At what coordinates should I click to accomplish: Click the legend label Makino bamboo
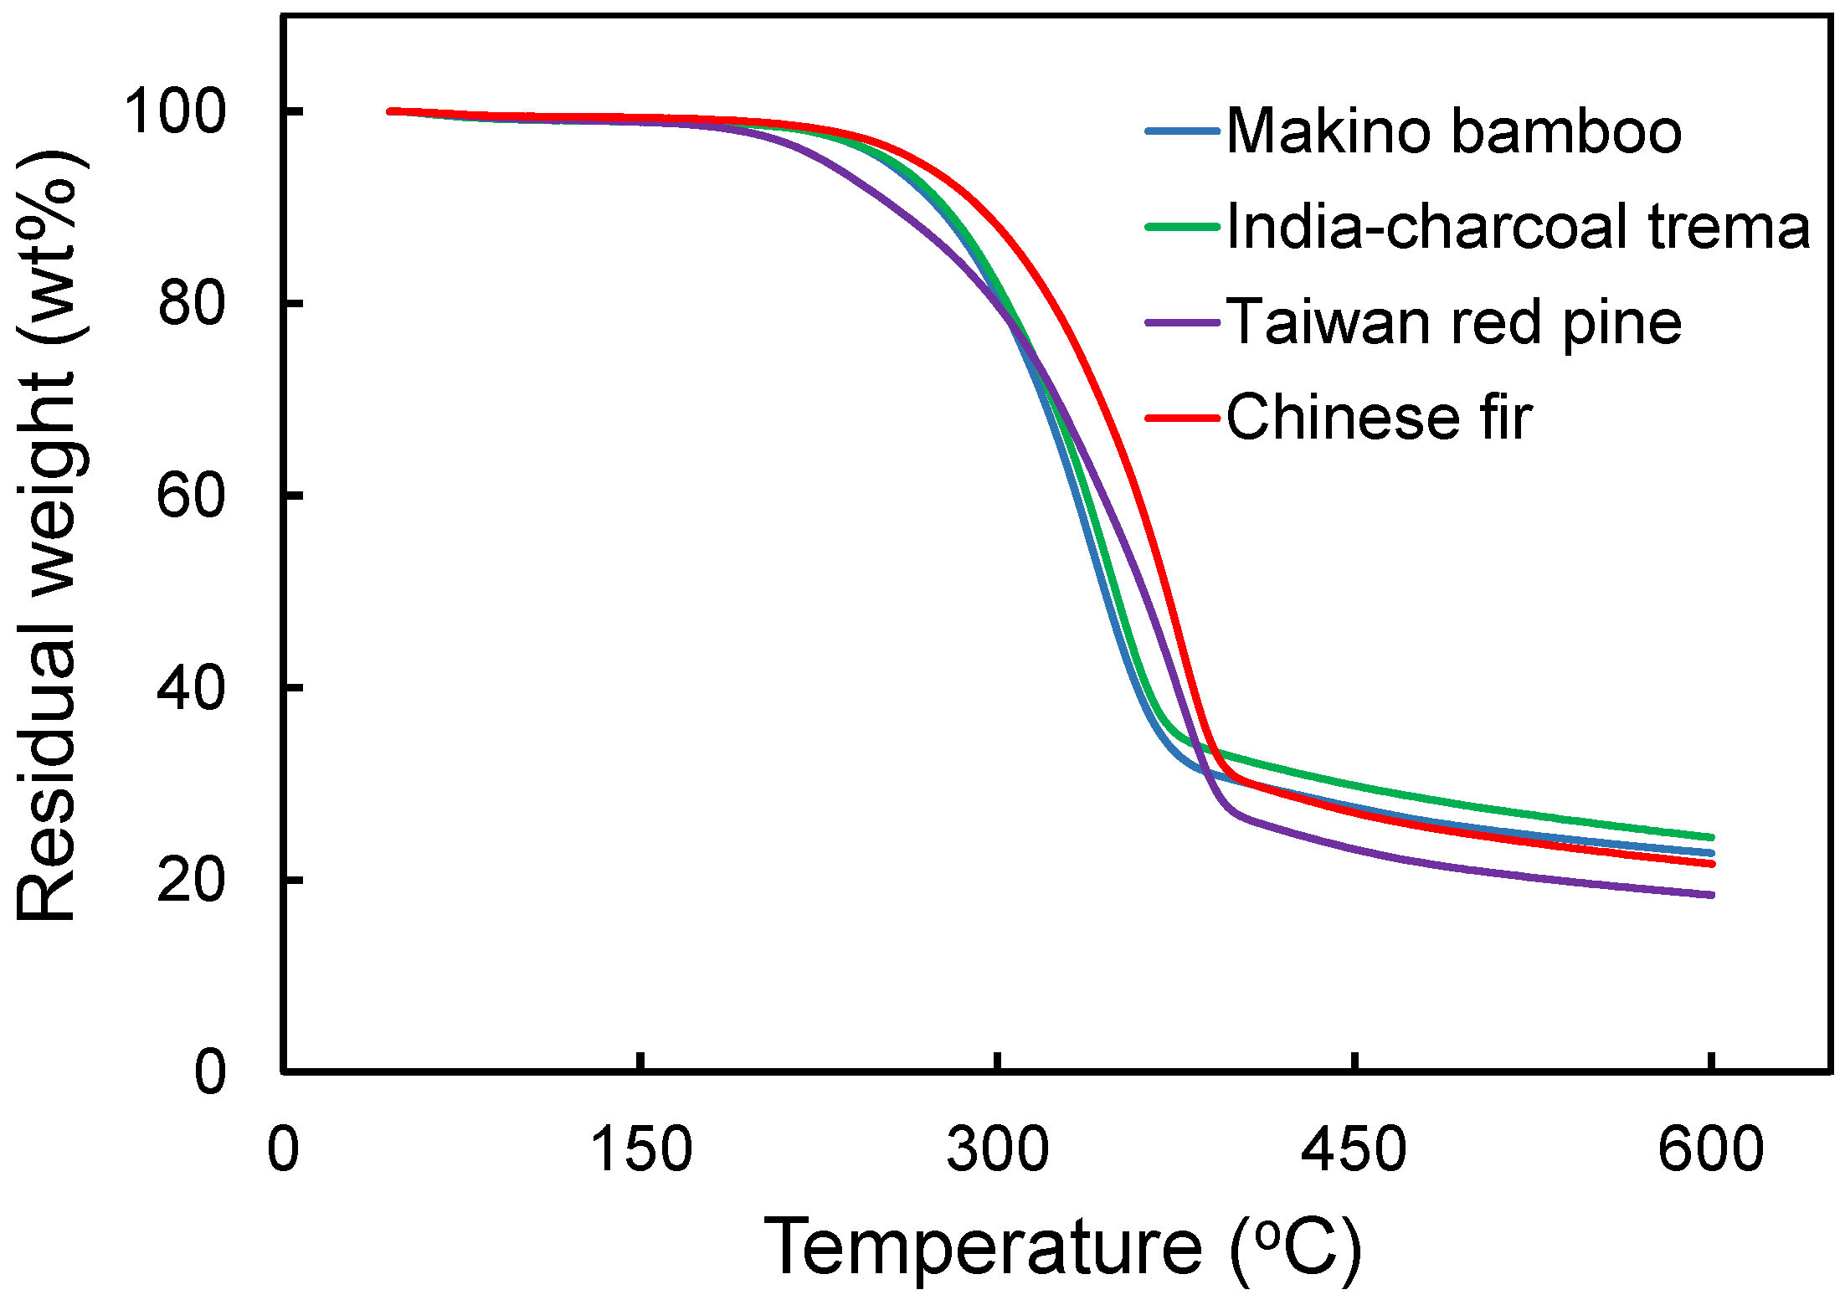click(x=1454, y=131)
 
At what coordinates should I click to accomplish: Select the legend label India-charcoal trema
click(x=1518, y=227)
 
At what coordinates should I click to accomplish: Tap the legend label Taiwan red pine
click(x=1454, y=322)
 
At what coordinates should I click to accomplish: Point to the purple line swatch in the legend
click(x=1181, y=322)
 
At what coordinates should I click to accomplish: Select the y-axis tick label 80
click(x=191, y=303)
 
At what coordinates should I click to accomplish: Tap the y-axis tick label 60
click(x=191, y=495)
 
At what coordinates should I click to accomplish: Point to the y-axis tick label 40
click(x=191, y=687)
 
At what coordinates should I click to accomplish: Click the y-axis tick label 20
click(x=191, y=880)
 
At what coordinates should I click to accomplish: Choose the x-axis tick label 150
click(x=641, y=1148)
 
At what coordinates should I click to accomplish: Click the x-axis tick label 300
click(x=997, y=1148)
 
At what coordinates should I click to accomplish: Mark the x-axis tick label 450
click(x=1354, y=1148)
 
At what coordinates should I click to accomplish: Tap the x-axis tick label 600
click(x=1710, y=1148)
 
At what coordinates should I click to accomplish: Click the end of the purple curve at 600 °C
click(x=1711, y=895)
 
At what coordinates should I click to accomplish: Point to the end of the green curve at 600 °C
click(x=1711, y=837)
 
